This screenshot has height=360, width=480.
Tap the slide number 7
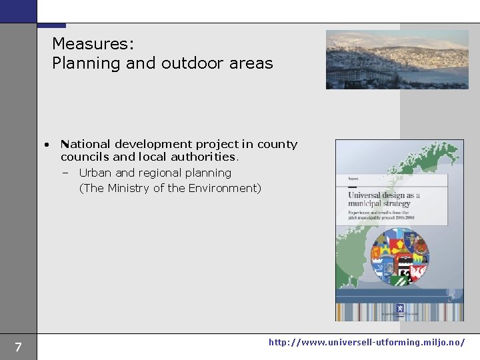click(18, 347)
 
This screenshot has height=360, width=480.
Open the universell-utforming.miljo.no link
click(367, 342)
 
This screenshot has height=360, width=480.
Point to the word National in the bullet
click(86, 144)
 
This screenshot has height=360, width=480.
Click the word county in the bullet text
click(277, 144)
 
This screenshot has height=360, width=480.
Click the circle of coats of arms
click(399, 257)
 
